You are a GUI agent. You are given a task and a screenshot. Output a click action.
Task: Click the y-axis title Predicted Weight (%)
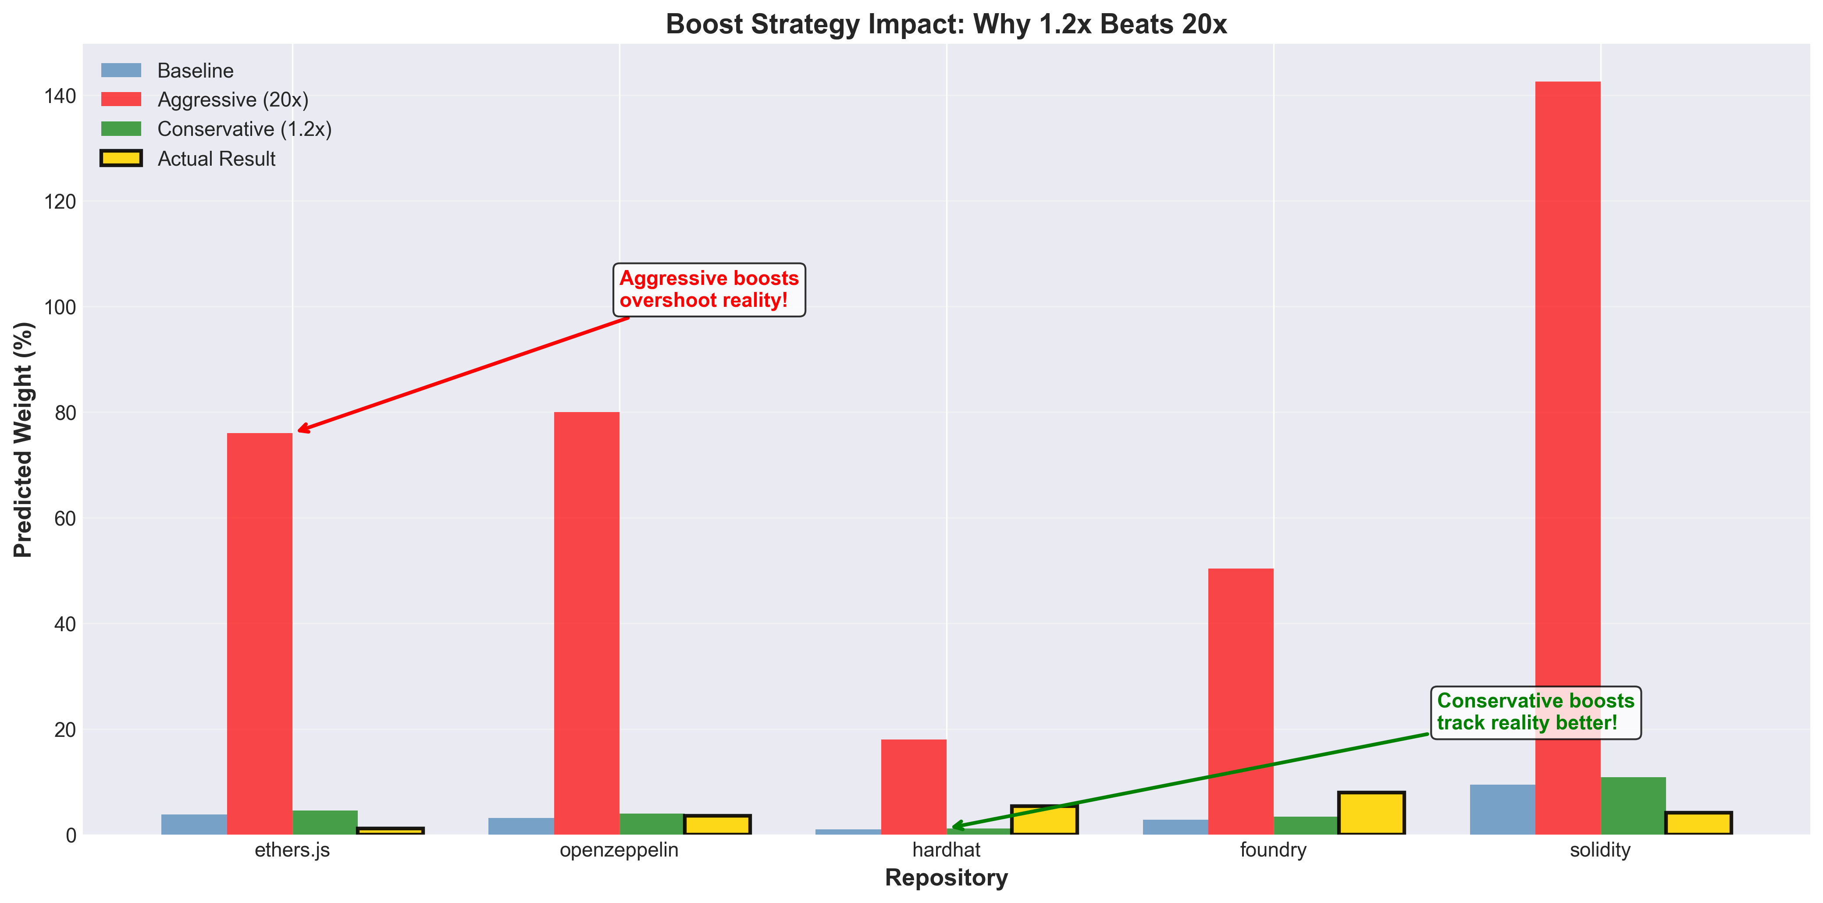(23, 440)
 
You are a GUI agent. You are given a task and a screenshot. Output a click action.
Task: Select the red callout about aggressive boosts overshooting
(709, 289)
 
